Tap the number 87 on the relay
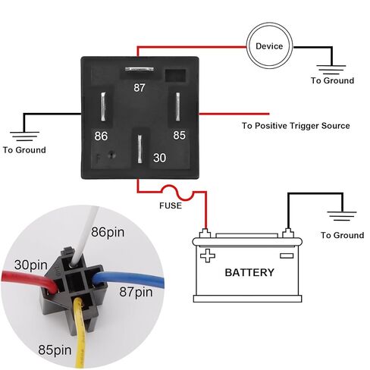140,88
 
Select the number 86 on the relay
101,136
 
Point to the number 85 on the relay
179,135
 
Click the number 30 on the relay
159,158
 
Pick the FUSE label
171,205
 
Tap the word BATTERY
249,272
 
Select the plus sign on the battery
208,256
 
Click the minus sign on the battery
287,256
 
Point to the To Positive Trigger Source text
296,126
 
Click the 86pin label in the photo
108,232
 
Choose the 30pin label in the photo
31,265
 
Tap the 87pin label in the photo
136,292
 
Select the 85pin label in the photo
55,350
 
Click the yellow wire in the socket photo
80,334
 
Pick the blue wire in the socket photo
129,278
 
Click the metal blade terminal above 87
140,69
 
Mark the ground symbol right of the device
331,70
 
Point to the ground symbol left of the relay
24,136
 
